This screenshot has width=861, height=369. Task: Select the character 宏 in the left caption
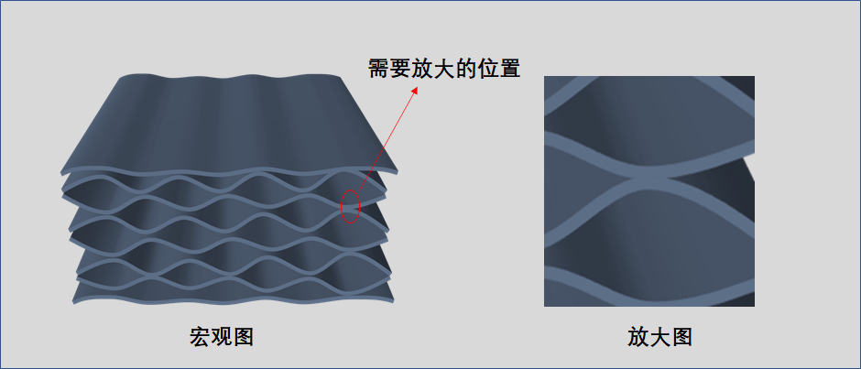(200, 336)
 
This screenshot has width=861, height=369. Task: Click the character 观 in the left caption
(221, 336)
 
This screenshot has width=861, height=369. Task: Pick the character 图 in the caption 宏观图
(242, 336)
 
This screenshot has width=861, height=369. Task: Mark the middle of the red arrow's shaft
(385, 143)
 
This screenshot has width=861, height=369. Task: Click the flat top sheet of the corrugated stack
(229, 119)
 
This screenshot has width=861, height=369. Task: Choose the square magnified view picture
(648, 190)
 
